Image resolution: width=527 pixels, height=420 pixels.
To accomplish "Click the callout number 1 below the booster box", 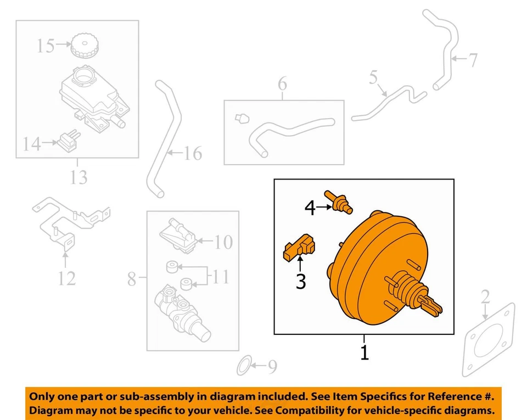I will (364, 352).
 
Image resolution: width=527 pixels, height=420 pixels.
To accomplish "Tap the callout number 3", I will (300, 281).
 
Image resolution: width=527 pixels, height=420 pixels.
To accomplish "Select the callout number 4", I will (310, 208).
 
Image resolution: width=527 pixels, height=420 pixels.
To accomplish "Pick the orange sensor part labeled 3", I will (300, 248).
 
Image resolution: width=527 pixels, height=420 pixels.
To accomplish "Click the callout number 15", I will (46, 46).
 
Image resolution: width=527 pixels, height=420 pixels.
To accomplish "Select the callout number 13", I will (79, 177).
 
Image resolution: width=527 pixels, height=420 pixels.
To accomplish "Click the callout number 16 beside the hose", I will (192, 153).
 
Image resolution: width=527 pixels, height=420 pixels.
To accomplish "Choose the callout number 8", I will (132, 279).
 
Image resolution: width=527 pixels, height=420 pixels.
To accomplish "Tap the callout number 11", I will (220, 277).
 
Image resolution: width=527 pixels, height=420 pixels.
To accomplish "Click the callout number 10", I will (223, 242).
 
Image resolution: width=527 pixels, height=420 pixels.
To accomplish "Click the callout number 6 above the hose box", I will (282, 84).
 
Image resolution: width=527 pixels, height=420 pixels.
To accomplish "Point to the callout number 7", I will (473, 60).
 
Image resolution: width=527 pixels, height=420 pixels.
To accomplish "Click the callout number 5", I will (373, 78).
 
